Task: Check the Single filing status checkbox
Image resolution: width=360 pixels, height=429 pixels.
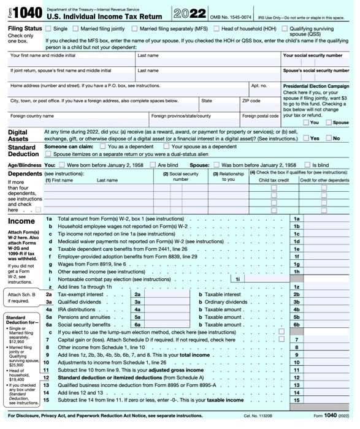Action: pos(48,29)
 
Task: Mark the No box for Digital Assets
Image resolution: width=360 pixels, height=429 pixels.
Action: pos(328,139)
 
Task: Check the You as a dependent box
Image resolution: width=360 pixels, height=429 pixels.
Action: pos(103,147)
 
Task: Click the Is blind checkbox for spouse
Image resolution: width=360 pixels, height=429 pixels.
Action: pos(308,165)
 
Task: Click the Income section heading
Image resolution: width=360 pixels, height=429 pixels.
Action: pos(21,221)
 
